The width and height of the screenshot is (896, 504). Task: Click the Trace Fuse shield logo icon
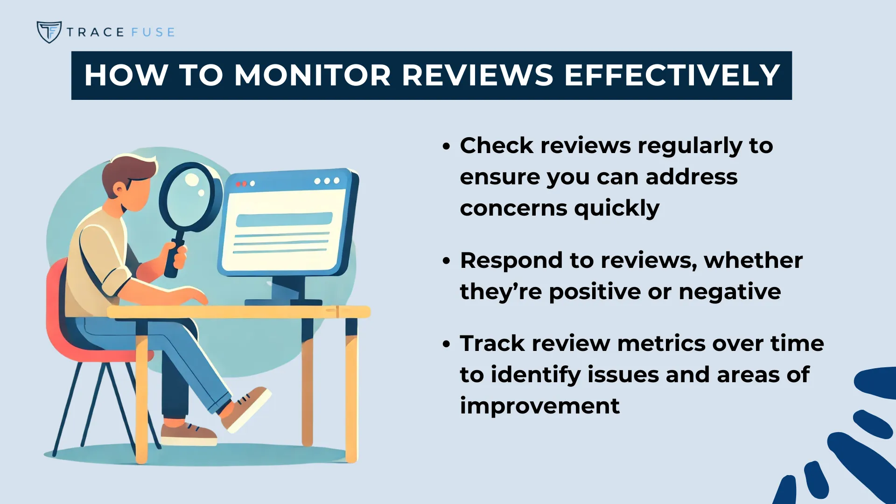point(49,32)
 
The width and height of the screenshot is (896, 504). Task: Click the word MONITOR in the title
point(312,75)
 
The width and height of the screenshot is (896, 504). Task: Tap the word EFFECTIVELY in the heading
point(672,75)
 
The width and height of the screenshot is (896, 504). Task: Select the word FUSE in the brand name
point(153,32)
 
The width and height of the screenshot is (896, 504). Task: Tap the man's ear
point(120,189)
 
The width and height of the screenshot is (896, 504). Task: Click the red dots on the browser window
point(241,184)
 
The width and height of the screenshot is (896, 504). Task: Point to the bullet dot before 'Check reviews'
point(447,147)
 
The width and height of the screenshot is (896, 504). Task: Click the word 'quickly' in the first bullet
point(616,208)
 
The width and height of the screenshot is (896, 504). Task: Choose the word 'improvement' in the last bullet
point(539,406)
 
